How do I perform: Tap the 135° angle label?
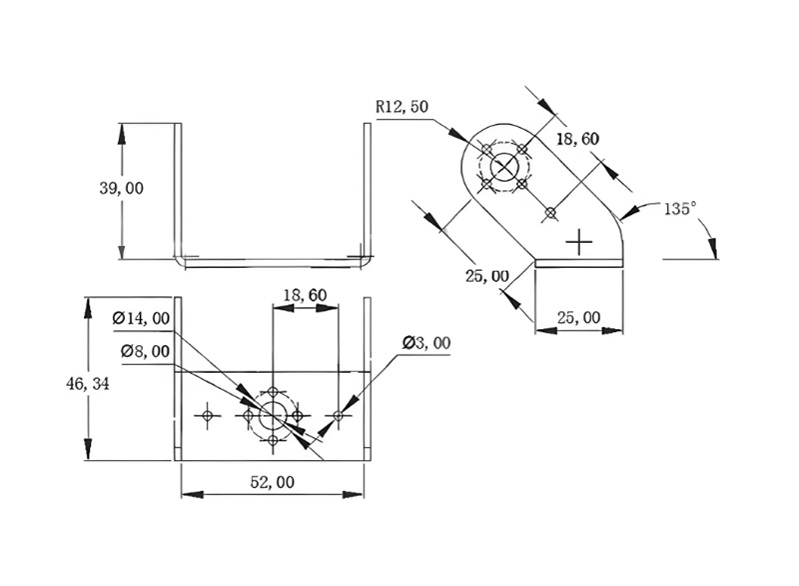[x=679, y=209]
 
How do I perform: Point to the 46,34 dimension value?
[x=87, y=383]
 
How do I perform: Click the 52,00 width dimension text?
[x=272, y=482]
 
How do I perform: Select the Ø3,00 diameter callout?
[x=426, y=343]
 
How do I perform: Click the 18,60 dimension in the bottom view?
[x=305, y=296]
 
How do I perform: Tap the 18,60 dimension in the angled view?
[x=577, y=140]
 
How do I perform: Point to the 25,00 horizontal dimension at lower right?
[x=578, y=317]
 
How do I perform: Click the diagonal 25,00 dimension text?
[x=486, y=275]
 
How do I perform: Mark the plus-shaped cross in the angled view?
[x=579, y=241]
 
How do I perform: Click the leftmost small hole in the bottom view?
[x=208, y=415]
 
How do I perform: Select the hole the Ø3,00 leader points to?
[x=339, y=415]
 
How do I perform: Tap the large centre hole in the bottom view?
[x=273, y=415]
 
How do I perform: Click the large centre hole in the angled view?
[x=504, y=167]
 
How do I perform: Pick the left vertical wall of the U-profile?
[x=179, y=190]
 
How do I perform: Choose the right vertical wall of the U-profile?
[x=367, y=190]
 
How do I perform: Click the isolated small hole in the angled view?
[x=548, y=212]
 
